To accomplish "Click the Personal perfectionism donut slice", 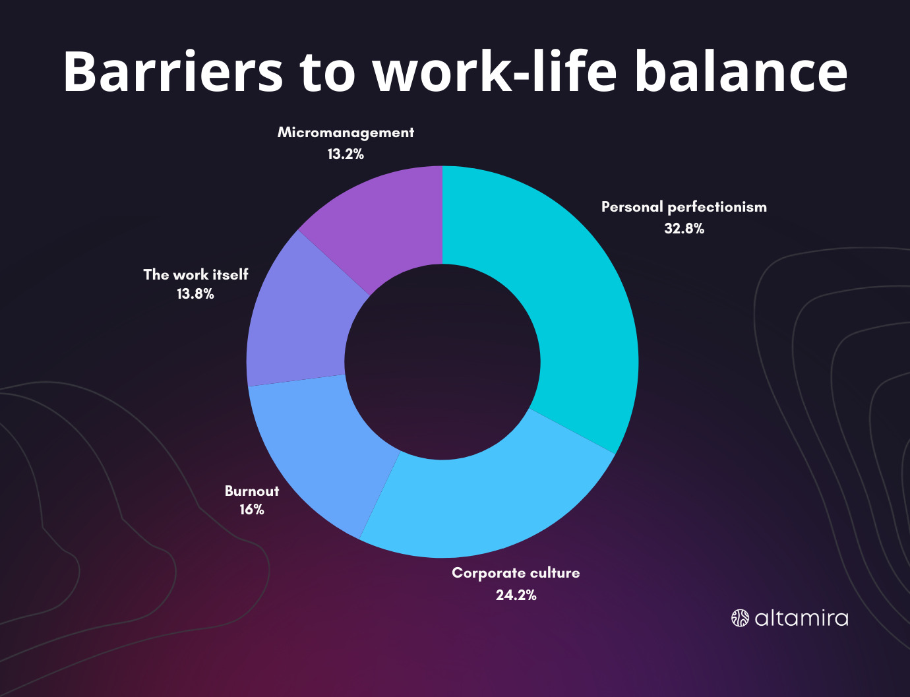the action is coord(582,310).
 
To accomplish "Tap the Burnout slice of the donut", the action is coord(318,452).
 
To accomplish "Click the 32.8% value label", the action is coord(684,229).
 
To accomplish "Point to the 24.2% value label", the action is coord(516,595).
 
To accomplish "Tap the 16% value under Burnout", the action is coord(252,510).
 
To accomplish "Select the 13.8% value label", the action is coord(195,294).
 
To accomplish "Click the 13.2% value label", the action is coord(346,154).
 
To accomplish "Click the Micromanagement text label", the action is coord(346,133).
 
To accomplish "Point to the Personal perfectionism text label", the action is coord(684,207).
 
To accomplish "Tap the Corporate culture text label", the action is coord(516,572).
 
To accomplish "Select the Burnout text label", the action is coord(252,491).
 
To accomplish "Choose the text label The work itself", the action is coord(196,274).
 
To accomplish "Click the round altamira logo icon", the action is coord(740,618).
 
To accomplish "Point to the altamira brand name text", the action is coord(801,618).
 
